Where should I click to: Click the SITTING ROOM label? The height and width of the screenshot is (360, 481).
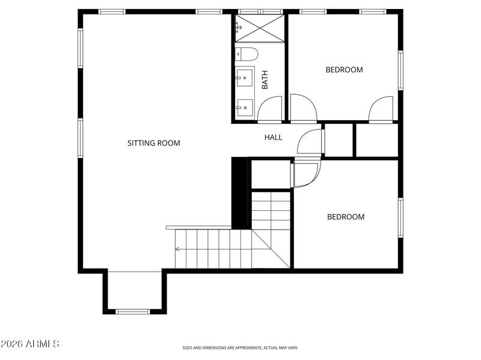pyautogui.click(x=154, y=143)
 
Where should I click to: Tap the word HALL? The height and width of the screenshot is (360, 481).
pyautogui.click(x=274, y=138)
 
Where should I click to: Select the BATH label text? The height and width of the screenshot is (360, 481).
pyautogui.click(x=265, y=80)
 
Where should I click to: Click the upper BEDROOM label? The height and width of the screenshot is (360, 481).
pyautogui.click(x=344, y=70)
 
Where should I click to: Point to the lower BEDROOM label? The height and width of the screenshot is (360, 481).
pyautogui.click(x=346, y=217)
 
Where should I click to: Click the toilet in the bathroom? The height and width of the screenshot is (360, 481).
pyautogui.click(x=247, y=54)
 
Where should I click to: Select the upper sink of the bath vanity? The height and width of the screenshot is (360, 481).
pyautogui.click(x=245, y=78)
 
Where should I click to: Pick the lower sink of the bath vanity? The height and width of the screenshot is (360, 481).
pyautogui.click(x=245, y=108)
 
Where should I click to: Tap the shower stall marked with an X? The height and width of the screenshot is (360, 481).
pyautogui.click(x=260, y=28)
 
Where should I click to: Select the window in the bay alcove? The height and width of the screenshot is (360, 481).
pyautogui.click(x=133, y=311)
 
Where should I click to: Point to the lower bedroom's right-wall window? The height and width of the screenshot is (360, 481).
pyautogui.click(x=400, y=218)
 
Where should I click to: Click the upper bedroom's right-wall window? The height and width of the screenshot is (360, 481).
pyautogui.click(x=400, y=70)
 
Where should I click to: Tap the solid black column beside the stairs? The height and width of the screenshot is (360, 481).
pyautogui.click(x=239, y=193)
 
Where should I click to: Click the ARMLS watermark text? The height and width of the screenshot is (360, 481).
pyautogui.click(x=29, y=344)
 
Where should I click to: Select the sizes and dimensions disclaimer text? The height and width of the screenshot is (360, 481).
pyautogui.click(x=240, y=348)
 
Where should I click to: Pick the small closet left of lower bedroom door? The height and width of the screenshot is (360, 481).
pyautogui.click(x=271, y=174)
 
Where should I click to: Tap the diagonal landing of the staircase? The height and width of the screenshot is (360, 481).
pyautogui.click(x=271, y=249)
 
